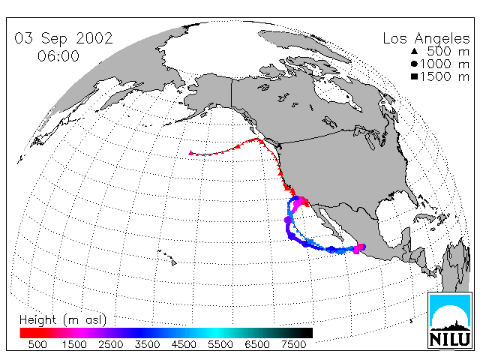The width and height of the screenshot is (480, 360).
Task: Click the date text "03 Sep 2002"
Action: click(x=64, y=38)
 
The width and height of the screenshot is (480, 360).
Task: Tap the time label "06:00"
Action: click(x=58, y=56)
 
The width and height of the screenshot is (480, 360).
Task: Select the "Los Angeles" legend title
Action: click(x=426, y=39)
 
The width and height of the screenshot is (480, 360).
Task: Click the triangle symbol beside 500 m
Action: click(x=415, y=51)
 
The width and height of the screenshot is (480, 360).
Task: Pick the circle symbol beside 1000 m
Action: click(x=415, y=64)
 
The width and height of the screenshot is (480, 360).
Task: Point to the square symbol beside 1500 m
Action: click(x=415, y=76)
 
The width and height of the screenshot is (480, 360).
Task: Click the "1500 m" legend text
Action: click(x=445, y=76)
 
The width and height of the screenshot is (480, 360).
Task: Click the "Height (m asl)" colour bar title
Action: click(x=63, y=320)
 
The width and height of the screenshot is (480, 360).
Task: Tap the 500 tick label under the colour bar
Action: click(x=37, y=345)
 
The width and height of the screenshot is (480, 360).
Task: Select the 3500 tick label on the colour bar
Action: click(x=147, y=345)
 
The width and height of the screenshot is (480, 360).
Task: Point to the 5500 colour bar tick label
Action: click(x=220, y=345)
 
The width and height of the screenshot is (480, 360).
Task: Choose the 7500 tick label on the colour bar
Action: click(x=293, y=345)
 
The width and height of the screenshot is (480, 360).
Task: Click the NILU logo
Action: click(x=449, y=320)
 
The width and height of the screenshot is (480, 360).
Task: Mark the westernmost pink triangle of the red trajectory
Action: click(x=190, y=152)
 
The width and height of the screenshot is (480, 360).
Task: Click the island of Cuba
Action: click(x=425, y=217)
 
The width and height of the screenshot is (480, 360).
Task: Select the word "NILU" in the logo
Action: click(x=449, y=339)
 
